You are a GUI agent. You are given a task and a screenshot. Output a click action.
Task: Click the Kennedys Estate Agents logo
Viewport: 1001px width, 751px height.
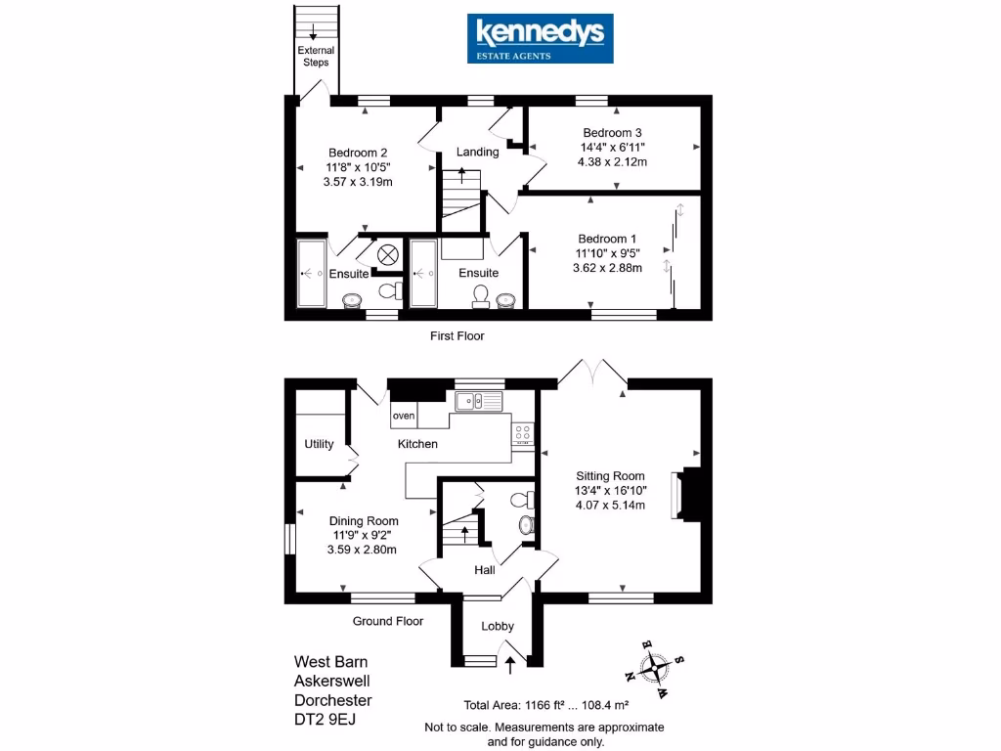point(540,38)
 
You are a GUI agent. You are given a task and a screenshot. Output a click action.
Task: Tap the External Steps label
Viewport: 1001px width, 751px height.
point(316,56)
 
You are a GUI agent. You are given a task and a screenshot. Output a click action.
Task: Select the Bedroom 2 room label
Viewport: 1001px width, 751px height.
point(358,153)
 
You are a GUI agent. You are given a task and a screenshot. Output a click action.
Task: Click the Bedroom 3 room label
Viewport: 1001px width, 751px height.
point(612,133)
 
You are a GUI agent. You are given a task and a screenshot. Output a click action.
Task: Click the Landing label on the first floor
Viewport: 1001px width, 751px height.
point(478,152)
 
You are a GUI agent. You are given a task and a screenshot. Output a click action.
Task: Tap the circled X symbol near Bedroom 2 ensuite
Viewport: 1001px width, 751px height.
point(387,254)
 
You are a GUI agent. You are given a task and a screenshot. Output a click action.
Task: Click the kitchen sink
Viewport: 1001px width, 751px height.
point(478,401)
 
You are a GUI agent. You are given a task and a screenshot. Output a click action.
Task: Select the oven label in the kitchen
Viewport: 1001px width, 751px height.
point(404,416)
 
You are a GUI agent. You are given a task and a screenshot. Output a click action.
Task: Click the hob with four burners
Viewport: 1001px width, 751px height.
point(523,433)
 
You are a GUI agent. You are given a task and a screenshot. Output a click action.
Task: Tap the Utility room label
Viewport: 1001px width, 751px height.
point(319,444)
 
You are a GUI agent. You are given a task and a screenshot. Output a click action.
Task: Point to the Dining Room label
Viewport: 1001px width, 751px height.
point(363,521)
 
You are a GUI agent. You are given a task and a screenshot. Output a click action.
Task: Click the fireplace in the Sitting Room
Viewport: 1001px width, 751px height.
point(678,495)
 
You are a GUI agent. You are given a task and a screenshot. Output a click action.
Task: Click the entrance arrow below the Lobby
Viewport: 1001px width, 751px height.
point(509,665)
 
